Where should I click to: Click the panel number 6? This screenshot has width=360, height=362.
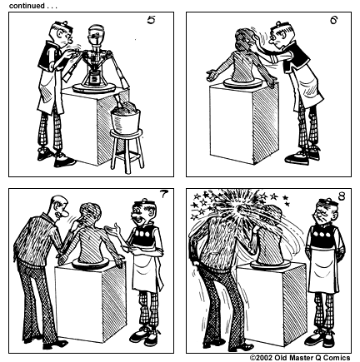[x=332, y=20]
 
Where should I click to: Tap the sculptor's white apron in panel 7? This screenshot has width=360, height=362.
[x=144, y=266]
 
